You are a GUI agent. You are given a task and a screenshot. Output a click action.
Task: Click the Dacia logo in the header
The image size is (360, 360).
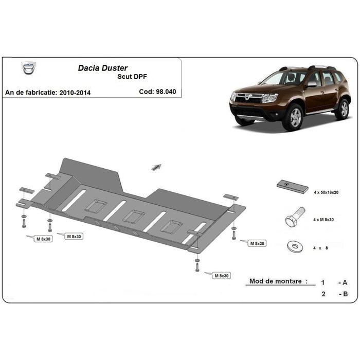29,68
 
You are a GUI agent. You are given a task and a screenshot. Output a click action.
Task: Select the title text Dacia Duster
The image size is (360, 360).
103,67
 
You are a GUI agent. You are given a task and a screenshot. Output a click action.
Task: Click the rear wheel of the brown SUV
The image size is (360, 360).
342,109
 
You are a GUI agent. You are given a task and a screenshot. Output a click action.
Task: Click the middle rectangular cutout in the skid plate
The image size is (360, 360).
133,217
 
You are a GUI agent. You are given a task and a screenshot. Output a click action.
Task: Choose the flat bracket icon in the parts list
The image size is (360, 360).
292,186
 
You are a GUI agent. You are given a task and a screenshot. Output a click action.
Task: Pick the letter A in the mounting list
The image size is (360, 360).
345,282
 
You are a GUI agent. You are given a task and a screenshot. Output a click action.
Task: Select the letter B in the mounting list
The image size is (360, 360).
345,294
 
